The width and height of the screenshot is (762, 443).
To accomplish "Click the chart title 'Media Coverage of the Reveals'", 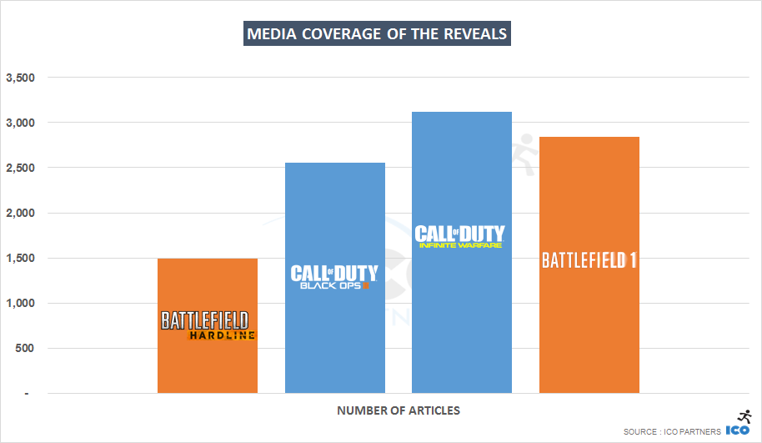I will pyautogui.click(x=377, y=34).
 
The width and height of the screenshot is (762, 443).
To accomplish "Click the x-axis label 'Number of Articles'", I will pyautogui.click(x=399, y=410).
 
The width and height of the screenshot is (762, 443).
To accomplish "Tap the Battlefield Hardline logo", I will pyautogui.click(x=207, y=325).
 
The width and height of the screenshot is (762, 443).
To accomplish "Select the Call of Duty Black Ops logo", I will pyautogui.click(x=334, y=277).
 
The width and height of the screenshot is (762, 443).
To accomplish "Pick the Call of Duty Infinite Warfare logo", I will pyautogui.click(x=459, y=236).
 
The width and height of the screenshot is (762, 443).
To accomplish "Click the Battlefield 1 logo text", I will pyautogui.click(x=589, y=260).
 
